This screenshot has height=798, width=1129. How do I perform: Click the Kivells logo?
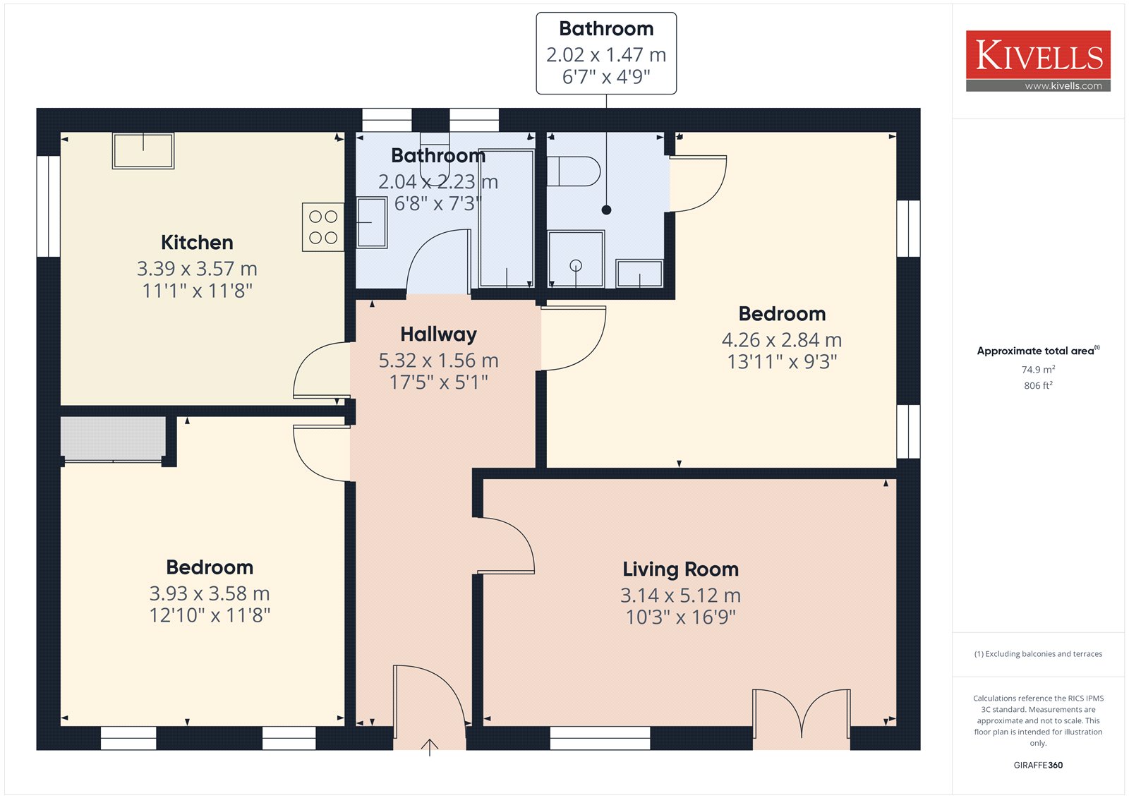pyautogui.click(x=1038, y=61)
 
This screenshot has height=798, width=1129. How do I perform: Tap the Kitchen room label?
pyautogui.click(x=197, y=243)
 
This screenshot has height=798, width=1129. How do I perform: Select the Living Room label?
pyautogui.click(x=680, y=569)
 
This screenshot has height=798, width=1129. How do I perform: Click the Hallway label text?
pyautogui.click(x=438, y=334)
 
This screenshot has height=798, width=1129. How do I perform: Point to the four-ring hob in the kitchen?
pyautogui.click(x=323, y=227)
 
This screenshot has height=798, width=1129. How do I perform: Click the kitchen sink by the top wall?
pyautogui.click(x=143, y=150)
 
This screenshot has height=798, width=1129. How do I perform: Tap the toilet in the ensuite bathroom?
pyautogui.click(x=574, y=171)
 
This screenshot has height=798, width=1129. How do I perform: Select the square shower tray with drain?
pyautogui.click(x=576, y=259)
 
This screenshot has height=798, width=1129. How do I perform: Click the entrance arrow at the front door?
pyautogui.click(x=430, y=747)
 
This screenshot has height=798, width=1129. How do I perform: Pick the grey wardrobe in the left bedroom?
pyautogui.click(x=114, y=437)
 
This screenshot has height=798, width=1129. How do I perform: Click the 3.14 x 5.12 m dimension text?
pyautogui.click(x=680, y=596)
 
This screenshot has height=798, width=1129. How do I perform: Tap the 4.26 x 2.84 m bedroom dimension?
pyautogui.click(x=782, y=340)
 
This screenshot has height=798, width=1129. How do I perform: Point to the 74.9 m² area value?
pyautogui.click(x=1038, y=369)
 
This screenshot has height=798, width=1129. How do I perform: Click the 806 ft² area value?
pyautogui.click(x=1038, y=385)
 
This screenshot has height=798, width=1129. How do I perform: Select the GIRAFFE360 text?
pyautogui.click(x=1038, y=765)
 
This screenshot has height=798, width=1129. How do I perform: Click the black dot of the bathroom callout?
pyautogui.click(x=606, y=210)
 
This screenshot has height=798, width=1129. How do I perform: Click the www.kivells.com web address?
pyautogui.click(x=1063, y=85)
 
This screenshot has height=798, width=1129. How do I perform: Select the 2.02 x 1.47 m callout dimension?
pyautogui.click(x=606, y=54)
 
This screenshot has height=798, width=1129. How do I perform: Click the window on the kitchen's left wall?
pyautogui.click(x=49, y=206)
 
